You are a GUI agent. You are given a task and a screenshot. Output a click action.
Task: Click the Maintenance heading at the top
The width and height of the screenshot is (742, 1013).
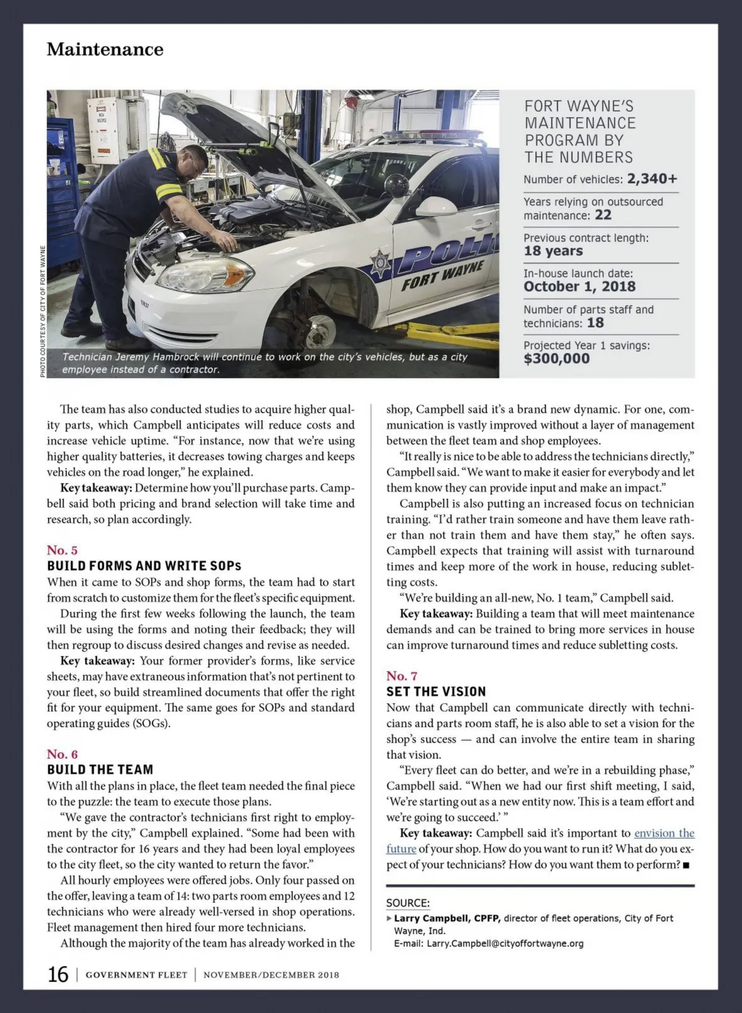point(105,49)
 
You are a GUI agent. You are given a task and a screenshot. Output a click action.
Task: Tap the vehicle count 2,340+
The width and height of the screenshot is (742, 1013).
point(652,179)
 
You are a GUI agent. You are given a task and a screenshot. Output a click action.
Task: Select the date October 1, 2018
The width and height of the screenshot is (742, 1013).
point(579,286)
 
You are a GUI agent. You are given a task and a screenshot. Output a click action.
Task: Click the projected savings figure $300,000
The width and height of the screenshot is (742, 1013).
point(556,359)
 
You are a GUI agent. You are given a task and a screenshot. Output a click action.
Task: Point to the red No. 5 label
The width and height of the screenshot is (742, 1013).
point(62,550)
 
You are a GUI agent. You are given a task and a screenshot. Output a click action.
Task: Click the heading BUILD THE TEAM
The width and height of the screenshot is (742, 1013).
point(100,769)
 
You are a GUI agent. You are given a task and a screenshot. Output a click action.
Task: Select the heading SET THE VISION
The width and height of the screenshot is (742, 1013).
point(436,691)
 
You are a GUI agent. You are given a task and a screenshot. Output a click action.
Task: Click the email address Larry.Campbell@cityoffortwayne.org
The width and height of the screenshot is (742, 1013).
point(505,944)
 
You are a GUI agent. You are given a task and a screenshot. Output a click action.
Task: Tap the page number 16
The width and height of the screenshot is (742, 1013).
point(58,975)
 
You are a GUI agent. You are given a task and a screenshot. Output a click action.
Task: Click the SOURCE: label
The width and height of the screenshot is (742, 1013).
point(408,903)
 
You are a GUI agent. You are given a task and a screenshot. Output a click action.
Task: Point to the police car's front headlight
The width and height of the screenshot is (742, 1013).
point(204,276)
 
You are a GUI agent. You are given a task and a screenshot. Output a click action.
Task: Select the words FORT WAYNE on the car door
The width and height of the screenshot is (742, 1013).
point(442,276)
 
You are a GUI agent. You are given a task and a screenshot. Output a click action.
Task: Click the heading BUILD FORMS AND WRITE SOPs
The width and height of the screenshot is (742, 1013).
point(144,566)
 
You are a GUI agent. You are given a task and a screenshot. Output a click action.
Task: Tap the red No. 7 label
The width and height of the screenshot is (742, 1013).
point(402,675)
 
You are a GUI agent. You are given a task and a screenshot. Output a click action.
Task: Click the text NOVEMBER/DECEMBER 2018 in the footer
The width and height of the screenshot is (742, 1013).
point(271,975)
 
